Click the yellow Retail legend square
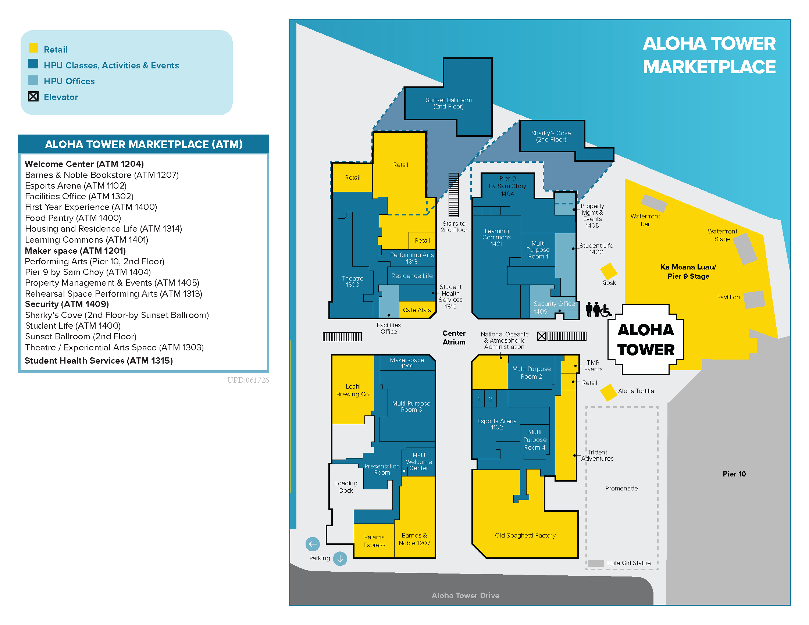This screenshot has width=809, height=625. click(x=33, y=48)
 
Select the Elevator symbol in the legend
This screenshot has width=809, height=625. click(x=33, y=97)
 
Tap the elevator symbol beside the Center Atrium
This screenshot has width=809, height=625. click(x=542, y=336)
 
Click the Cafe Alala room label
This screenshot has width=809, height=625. click(x=417, y=310)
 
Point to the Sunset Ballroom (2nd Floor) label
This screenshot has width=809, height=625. click(x=449, y=103)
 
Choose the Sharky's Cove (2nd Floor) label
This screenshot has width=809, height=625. click(x=551, y=136)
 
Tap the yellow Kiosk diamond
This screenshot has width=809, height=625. click(x=608, y=271)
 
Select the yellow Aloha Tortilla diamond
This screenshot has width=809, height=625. click(x=608, y=393)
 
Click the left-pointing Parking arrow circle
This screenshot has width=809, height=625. click(x=313, y=544)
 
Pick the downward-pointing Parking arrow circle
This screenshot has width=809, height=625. click(x=340, y=558)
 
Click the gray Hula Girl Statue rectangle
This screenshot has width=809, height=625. click(x=596, y=563)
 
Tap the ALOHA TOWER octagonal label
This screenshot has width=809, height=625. click(x=646, y=340)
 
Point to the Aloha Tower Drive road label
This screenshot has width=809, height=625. click(x=465, y=595)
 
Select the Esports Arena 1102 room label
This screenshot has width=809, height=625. click(x=497, y=424)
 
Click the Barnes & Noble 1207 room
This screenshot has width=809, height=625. click(x=414, y=539)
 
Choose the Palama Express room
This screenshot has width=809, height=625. click(x=374, y=540)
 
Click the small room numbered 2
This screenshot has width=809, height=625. click(x=491, y=399)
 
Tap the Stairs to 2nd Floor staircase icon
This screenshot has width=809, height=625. click(x=453, y=195)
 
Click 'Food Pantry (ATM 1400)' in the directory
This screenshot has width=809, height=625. click(x=73, y=218)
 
